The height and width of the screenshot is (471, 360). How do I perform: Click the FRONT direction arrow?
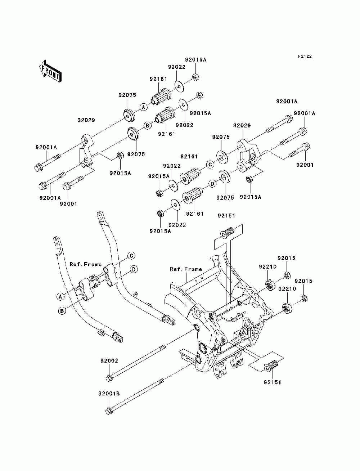(50, 71)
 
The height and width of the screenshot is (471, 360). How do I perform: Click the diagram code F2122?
(305, 57)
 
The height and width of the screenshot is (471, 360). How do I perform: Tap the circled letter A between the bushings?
(144, 107)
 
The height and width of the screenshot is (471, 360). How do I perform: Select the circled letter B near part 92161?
(147, 125)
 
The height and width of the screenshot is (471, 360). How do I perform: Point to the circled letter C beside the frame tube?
(131, 256)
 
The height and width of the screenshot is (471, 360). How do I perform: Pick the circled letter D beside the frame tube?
(134, 269)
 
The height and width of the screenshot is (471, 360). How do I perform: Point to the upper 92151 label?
(226, 215)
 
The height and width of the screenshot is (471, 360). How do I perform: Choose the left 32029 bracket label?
(86, 120)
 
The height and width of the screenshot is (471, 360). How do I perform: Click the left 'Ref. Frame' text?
(85, 264)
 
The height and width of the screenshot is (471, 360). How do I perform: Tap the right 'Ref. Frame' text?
(186, 269)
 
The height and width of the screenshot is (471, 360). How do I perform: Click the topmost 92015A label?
(196, 60)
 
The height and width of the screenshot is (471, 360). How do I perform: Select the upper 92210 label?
(268, 266)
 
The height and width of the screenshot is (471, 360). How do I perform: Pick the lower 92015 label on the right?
(303, 281)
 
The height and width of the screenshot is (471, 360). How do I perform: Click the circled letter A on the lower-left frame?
(60, 297)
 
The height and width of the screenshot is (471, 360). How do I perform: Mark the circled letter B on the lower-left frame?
(62, 311)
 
